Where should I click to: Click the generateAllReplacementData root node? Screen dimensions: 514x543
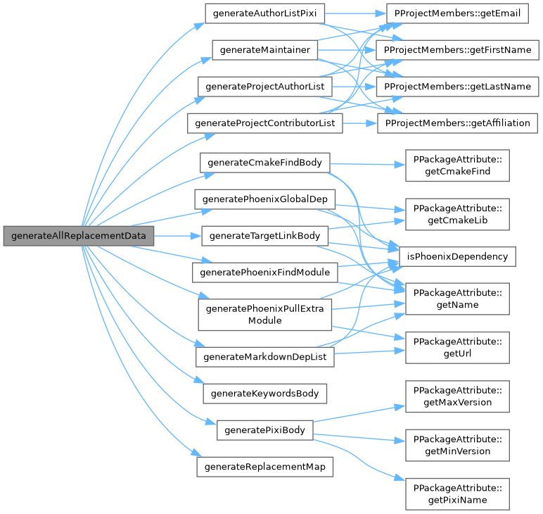point(77,236)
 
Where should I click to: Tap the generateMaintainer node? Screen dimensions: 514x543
point(264,50)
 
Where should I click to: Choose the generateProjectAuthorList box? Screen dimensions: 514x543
point(264,87)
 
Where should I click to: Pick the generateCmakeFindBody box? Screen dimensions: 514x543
point(264,162)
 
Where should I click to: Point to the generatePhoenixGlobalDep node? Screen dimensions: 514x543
point(264,199)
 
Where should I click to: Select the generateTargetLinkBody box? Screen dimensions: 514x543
point(264,235)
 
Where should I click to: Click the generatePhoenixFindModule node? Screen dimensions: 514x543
point(264,272)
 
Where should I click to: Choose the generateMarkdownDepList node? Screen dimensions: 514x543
point(264,357)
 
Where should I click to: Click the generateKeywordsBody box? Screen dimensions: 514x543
point(264,394)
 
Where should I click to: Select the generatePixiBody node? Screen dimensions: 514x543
point(264,430)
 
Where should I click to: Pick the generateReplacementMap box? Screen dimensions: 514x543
point(264,467)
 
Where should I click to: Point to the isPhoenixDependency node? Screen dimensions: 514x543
point(457,256)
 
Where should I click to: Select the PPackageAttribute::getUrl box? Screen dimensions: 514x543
point(456,346)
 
